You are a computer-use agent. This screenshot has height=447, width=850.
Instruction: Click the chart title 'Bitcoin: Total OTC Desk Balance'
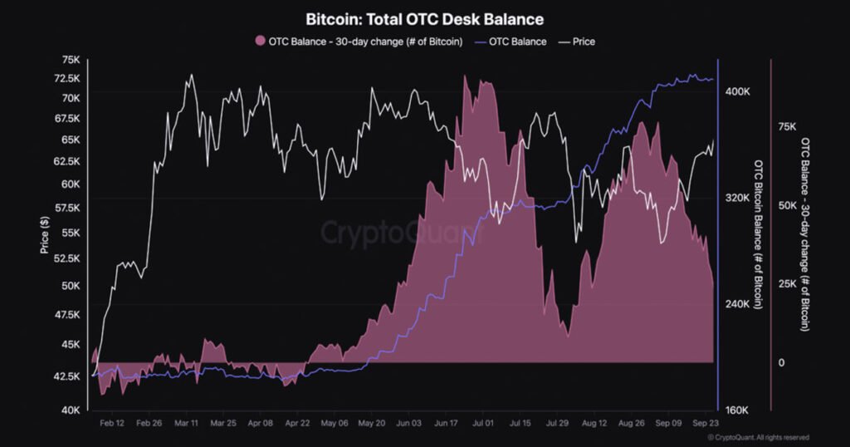424,18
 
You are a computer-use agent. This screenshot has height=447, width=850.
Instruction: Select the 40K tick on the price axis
70,410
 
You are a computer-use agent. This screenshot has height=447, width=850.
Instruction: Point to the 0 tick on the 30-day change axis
780,362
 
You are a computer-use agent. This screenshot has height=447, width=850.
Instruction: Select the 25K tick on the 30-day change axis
786,284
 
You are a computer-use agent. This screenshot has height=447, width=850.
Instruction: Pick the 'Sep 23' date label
705,422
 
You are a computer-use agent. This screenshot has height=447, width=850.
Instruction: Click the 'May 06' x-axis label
333,422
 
